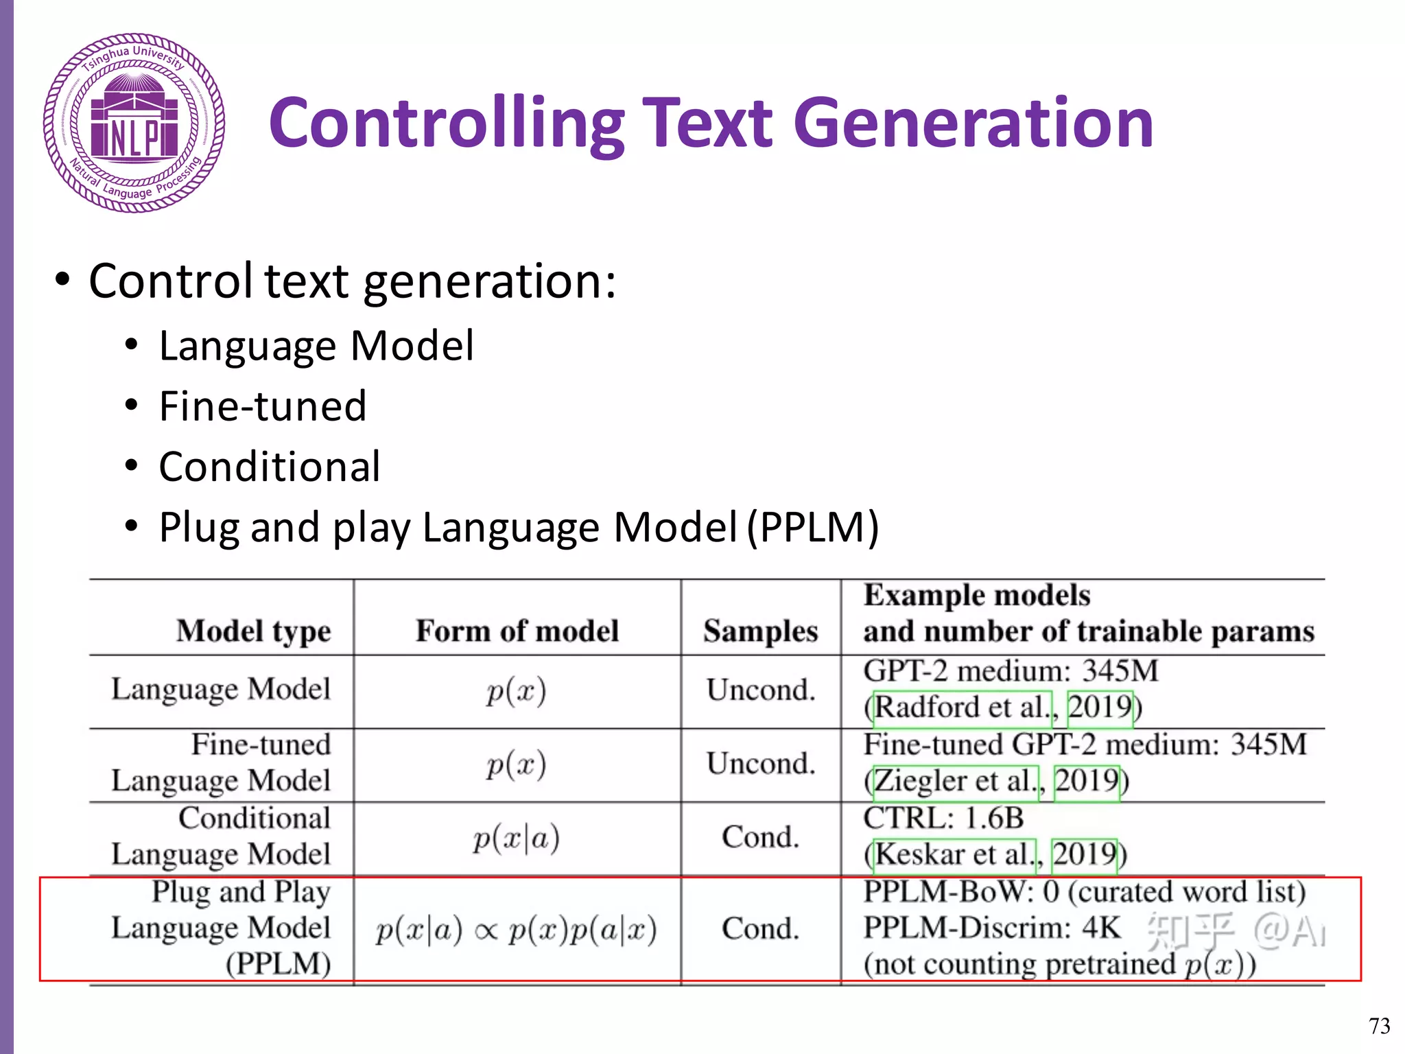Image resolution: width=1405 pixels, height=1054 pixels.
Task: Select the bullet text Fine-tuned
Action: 263,406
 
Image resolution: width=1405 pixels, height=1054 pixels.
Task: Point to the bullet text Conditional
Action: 270,467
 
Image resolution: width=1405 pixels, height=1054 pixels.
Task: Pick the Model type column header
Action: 253,631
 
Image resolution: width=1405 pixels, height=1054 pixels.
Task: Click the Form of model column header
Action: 517,631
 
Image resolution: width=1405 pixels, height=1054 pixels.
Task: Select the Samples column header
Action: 761,631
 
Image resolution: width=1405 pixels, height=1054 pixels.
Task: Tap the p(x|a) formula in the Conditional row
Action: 517,838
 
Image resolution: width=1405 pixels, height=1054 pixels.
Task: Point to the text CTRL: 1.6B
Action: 943,818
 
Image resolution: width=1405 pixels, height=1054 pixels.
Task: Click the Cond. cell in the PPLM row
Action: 761,928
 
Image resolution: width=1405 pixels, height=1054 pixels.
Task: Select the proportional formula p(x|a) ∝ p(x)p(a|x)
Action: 517,930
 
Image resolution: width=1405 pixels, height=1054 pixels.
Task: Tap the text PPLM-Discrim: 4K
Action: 991,928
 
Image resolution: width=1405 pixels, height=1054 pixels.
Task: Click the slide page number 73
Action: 1379,1026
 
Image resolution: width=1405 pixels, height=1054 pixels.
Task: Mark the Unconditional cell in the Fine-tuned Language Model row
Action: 761,764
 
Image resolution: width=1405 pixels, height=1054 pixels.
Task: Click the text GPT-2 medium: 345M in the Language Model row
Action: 1011,671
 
